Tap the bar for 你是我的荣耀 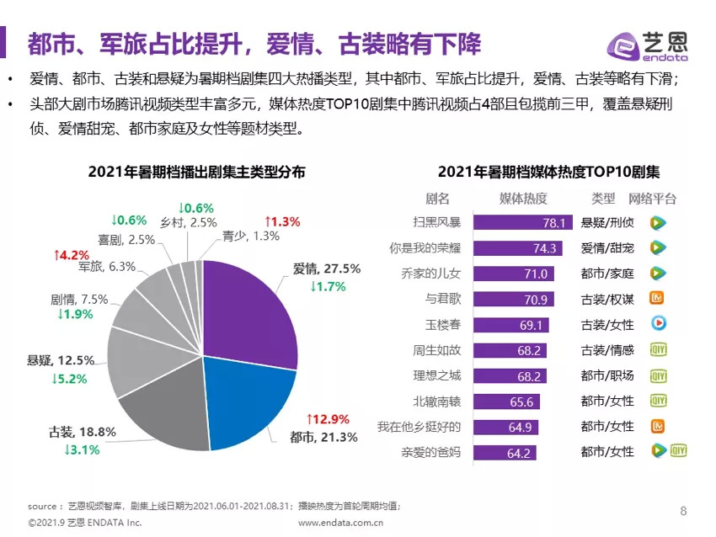[518, 248]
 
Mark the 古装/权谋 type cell [606, 299]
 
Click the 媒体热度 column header [523, 199]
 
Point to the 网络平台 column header [652, 199]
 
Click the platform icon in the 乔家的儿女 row [657, 273]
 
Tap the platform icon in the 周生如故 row [658, 349]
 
